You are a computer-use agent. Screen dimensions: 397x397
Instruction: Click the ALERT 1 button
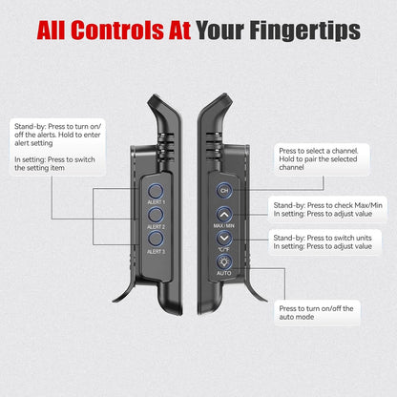(156, 191)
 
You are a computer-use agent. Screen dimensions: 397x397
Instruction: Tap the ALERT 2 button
(156, 215)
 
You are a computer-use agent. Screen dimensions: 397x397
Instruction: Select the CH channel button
(224, 191)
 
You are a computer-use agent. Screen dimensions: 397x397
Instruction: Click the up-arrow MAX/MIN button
(224, 215)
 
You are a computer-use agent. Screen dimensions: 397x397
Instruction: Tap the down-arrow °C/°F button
(224, 239)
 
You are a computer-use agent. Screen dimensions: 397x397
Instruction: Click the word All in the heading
(51, 31)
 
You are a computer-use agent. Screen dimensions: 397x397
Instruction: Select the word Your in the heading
(219, 31)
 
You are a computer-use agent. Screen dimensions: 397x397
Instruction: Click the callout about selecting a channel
(322, 159)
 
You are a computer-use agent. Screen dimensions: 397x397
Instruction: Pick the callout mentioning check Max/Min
(327, 209)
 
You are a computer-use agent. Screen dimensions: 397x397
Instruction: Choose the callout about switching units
(324, 242)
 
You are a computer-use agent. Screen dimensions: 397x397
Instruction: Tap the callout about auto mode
(317, 313)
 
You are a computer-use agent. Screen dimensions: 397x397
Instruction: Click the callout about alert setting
(57, 147)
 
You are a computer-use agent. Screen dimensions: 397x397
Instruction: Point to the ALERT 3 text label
(156, 252)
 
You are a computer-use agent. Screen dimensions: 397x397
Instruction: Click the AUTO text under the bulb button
(224, 273)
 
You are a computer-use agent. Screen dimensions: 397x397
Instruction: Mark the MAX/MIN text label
(224, 226)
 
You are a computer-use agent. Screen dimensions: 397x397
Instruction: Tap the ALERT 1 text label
(156, 202)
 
